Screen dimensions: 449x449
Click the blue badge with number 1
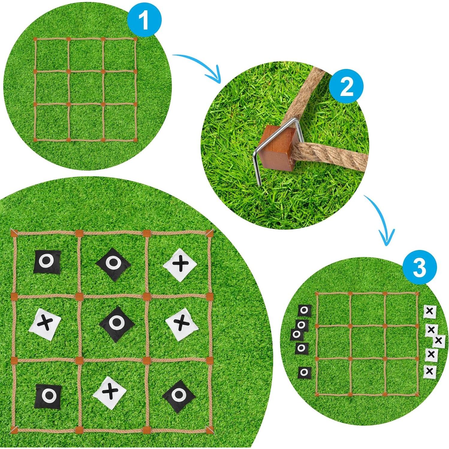coord(144,20)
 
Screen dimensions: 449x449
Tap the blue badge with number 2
coord(346,87)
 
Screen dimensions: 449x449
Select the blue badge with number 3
coord(419,267)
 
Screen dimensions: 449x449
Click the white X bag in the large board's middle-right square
coord(181,324)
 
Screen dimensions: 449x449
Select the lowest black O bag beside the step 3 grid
coord(305,372)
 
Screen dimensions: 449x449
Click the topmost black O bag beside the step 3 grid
coord(305,310)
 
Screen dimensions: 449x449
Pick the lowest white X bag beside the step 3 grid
coord(430,371)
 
